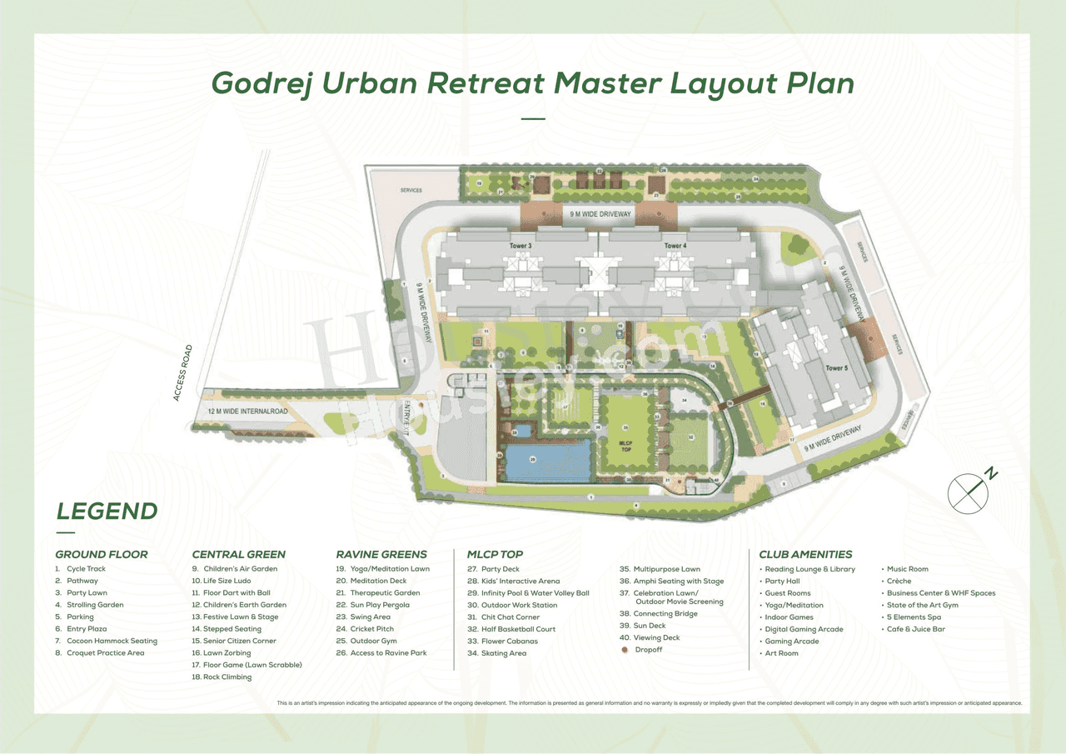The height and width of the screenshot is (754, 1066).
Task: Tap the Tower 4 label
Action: pos(675,247)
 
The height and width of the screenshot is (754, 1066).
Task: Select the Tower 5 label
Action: pos(836,367)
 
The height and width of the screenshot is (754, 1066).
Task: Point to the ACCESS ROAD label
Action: pos(184,372)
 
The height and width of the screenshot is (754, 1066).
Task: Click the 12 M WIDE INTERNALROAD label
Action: pos(247,412)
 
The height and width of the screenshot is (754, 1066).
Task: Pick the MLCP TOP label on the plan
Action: pos(626,447)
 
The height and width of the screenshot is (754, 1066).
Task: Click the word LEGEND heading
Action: pos(107,511)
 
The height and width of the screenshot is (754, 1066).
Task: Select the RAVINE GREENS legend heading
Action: pos(381,554)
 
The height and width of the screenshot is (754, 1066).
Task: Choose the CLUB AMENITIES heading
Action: pos(805,554)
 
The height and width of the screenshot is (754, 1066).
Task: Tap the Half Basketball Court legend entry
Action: pos(511,629)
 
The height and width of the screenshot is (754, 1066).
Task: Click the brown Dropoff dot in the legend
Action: pos(625,649)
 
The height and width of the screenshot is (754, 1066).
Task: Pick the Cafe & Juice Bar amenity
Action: pos(916,629)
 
